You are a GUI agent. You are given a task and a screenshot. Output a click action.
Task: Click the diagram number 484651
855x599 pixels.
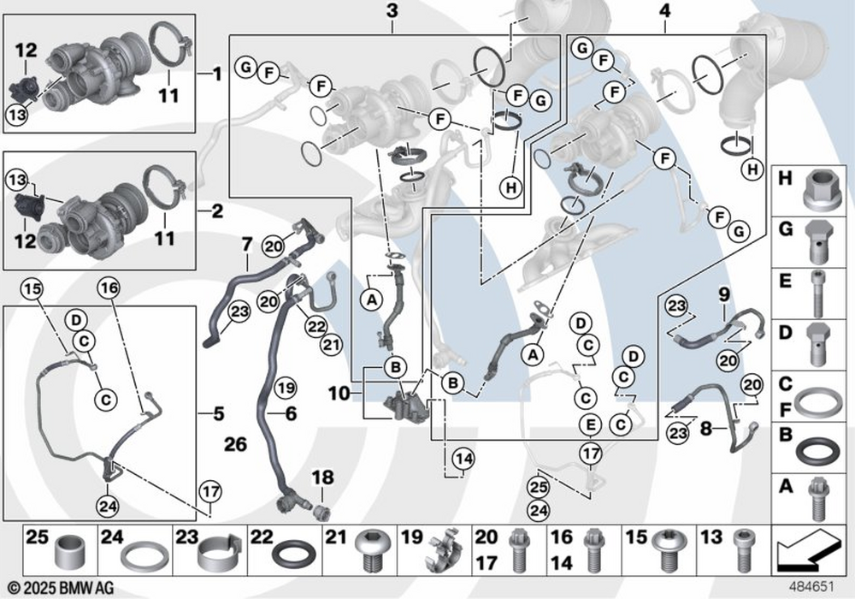(x=812, y=587)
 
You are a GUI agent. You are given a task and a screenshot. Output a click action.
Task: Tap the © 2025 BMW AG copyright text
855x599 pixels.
(x=62, y=588)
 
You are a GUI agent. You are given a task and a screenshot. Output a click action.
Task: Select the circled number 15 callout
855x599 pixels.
(x=32, y=288)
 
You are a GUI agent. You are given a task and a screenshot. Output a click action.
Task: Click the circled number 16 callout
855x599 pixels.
(x=109, y=288)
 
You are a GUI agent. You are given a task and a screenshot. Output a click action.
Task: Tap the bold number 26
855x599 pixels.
(x=236, y=444)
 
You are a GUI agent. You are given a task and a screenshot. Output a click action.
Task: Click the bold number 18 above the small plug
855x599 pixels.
(x=322, y=477)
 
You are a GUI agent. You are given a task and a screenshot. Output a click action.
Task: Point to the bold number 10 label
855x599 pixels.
(x=339, y=393)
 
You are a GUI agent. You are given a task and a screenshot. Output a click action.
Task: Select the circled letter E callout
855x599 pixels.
(x=591, y=425)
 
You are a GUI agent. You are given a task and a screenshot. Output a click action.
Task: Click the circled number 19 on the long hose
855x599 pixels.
(x=285, y=388)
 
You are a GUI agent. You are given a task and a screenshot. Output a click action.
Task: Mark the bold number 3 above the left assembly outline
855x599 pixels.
(x=392, y=11)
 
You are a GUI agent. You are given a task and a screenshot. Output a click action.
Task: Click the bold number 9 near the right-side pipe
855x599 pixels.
(x=723, y=295)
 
